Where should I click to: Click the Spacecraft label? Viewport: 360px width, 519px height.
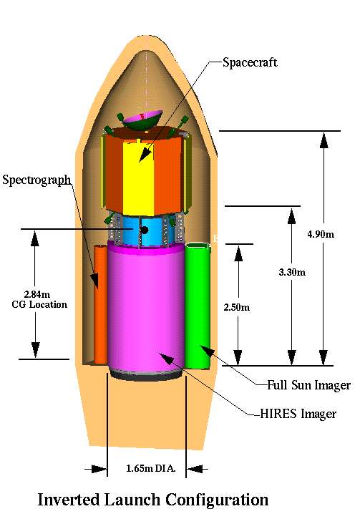tap(250, 62)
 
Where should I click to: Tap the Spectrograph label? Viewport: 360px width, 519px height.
tap(37, 180)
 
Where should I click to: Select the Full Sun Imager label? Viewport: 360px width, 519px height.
tap(308, 385)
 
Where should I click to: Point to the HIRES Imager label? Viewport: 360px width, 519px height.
tap(298, 414)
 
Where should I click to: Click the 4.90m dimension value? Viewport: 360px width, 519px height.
tap(321, 234)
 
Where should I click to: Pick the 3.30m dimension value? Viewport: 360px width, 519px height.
tap(292, 273)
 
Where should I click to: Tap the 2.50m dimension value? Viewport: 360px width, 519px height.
tap(237, 307)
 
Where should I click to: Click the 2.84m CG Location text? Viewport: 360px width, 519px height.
tap(39, 299)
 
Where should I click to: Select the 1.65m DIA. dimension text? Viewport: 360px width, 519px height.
tap(151, 468)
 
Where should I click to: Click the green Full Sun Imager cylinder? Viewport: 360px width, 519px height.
tap(198, 306)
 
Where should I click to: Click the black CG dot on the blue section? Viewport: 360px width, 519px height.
tap(145, 230)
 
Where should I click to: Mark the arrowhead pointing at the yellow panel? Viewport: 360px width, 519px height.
tap(145, 155)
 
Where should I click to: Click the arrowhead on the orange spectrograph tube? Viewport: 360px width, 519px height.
tap(95, 280)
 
